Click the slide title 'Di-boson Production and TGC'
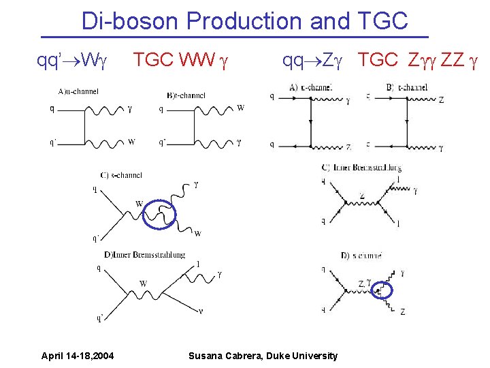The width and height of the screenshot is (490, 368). [244, 20]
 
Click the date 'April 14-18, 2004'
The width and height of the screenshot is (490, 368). [78, 355]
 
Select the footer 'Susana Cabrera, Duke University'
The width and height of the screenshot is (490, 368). [263, 355]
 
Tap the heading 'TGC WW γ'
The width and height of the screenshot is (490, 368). [180, 61]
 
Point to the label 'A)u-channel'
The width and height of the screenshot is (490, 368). [78, 91]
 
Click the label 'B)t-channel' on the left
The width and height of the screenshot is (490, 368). [185, 95]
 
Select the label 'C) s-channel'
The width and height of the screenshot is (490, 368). [121, 175]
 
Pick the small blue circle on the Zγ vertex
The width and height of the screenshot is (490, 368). [384, 290]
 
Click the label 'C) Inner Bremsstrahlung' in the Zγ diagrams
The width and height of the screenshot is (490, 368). [361, 168]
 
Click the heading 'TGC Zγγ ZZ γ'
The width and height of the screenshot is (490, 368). [418, 61]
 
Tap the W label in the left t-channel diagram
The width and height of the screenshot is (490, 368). [241, 108]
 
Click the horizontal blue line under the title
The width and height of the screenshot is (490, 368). [235, 36]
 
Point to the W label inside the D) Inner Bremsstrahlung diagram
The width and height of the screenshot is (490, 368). [143, 283]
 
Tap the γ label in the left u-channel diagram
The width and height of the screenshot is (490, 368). [130, 108]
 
